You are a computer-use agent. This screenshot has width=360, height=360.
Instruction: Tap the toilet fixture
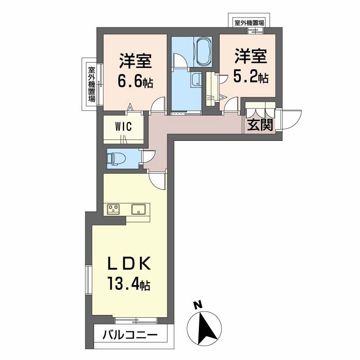[117, 159]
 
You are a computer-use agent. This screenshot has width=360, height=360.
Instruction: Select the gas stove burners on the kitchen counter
[113, 209]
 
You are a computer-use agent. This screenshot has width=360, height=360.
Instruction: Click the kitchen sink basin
[139, 209]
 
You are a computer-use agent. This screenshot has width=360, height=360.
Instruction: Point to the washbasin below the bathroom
[196, 80]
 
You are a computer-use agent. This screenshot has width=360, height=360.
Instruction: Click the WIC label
[123, 126]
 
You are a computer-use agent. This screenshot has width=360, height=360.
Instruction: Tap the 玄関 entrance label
[260, 125]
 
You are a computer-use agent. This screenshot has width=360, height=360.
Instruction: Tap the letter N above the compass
[198, 305]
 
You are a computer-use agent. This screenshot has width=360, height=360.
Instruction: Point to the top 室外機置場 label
[249, 23]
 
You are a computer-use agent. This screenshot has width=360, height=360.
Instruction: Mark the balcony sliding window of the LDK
[136, 320]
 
